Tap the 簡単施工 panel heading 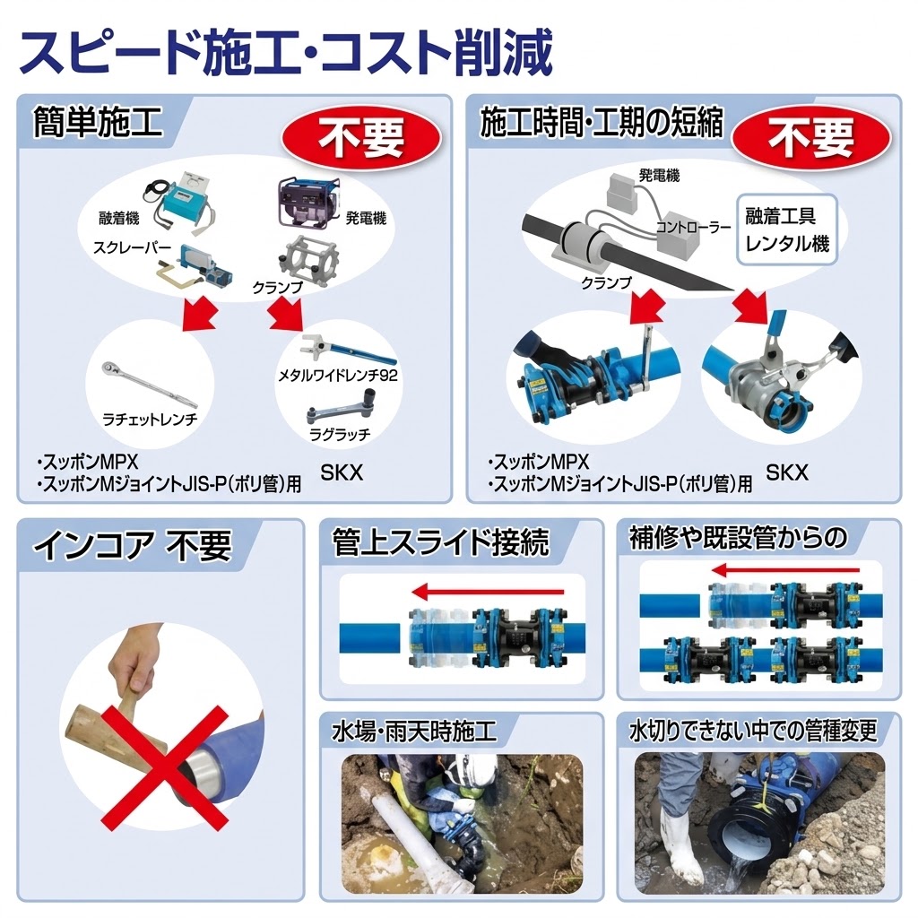pyautogui.click(x=98, y=122)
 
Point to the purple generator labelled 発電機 pyautogui.click(x=307, y=202)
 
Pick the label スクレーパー pyautogui.click(x=132, y=249)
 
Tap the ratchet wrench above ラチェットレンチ pyautogui.click(x=149, y=385)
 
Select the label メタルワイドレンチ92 pyautogui.click(x=338, y=376)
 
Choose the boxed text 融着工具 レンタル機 pyautogui.click(x=787, y=229)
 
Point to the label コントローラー pyautogui.click(x=694, y=227)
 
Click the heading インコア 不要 pyautogui.click(x=133, y=545)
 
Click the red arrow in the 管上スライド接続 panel pyautogui.click(x=487, y=593)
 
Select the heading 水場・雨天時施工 pyautogui.click(x=414, y=732)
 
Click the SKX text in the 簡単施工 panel pyautogui.click(x=342, y=472)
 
